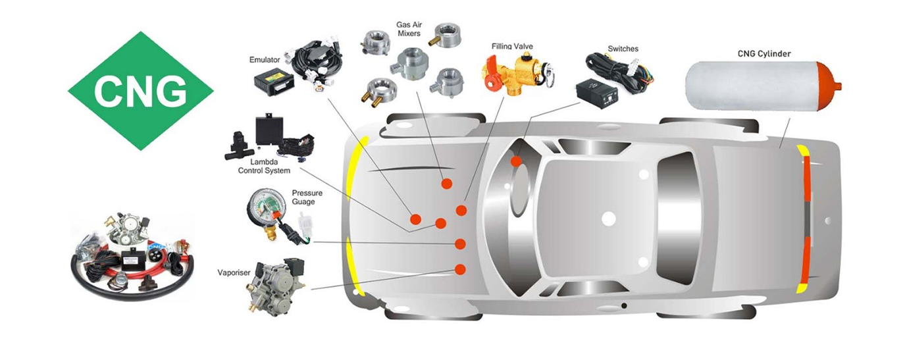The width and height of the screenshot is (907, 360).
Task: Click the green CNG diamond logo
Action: click(140, 90)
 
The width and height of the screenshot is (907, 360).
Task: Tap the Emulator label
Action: click(265, 60)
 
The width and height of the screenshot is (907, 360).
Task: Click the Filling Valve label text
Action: click(512, 46)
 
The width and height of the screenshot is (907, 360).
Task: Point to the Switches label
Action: click(623, 49)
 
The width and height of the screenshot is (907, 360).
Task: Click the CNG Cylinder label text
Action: click(764, 53)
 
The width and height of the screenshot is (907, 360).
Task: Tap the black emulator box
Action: click(275, 81)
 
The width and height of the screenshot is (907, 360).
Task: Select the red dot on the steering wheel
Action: click(517, 161)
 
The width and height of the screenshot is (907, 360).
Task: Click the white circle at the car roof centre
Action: click(608, 218)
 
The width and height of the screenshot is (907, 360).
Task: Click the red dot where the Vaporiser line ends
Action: click(460, 269)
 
